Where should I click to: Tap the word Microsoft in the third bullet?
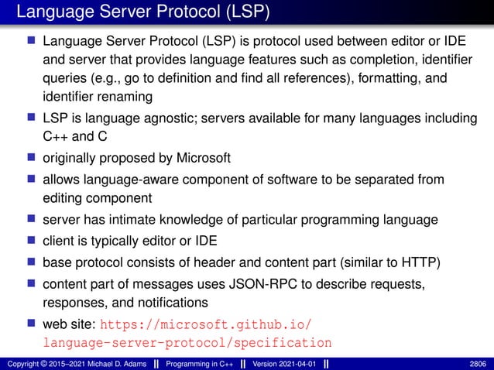(202, 159)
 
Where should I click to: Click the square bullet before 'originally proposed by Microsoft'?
(32, 159)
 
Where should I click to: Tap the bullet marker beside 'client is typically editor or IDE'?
(32, 241)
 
